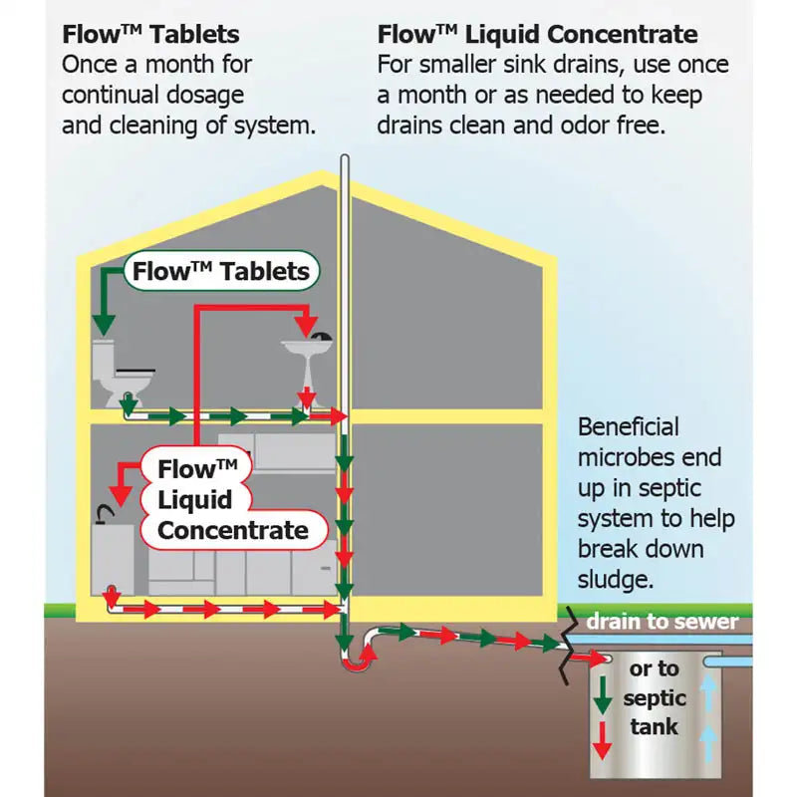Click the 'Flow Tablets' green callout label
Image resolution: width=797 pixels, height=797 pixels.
tap(220, 271)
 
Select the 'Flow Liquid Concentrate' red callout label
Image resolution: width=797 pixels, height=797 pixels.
tap(232, 500)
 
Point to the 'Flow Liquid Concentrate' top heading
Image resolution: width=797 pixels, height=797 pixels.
tap(537, 34)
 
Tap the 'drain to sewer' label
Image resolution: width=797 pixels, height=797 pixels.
tap(662, 623)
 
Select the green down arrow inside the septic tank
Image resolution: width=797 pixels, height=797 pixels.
tap(603, 697)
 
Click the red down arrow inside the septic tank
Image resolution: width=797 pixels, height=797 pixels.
tap(603, 740)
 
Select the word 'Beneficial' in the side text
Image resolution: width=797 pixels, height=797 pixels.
tap(629, 427)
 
